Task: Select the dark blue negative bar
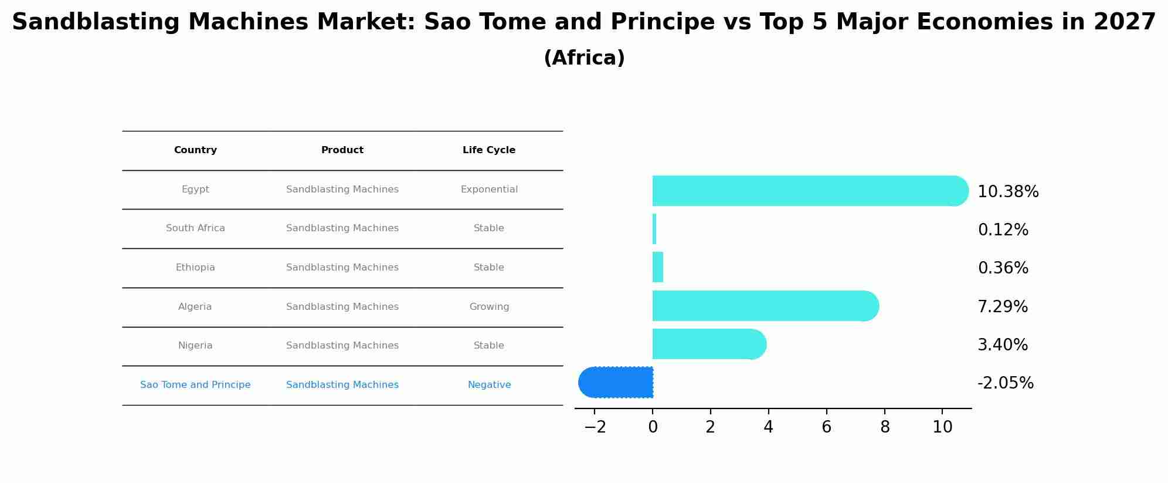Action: point(616,383)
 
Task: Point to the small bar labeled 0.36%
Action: point(658,267)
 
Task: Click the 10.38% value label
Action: point(1008,192)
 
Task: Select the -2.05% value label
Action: point(1005,383)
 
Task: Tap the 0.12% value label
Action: point(1003,230)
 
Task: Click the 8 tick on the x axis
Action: point(885,427)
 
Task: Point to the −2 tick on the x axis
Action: point(595,427)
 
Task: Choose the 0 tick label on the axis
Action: point(653,427)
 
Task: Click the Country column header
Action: point(195,150)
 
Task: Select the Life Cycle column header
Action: point(489,150)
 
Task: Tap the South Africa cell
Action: point(195,228)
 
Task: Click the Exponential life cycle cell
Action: point(489,190)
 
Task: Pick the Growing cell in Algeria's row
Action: point(489,307)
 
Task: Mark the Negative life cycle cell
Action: point(489,385)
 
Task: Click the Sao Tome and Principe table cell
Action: point(195,385)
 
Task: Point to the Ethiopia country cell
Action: point(195,268)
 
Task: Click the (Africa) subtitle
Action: point(584,58)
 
